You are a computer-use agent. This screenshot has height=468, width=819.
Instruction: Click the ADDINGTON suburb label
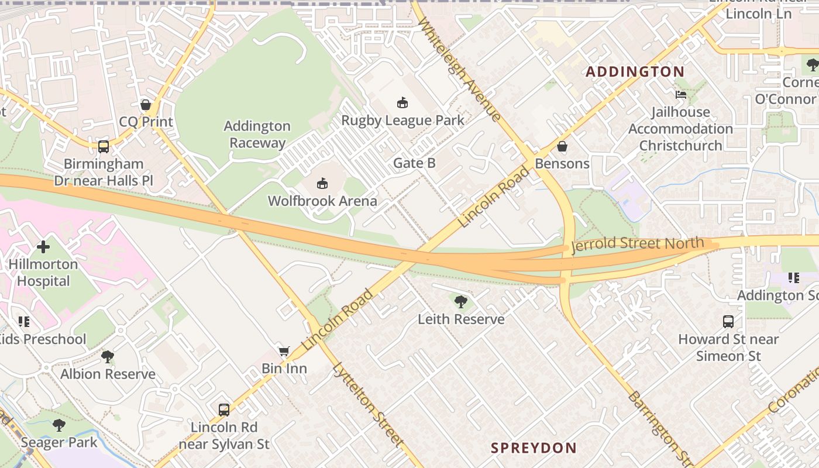pos(635,72)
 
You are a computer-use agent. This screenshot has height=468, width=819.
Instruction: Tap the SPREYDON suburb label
pos(534,448)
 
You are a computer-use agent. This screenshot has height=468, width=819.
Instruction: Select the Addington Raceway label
pos(257,135)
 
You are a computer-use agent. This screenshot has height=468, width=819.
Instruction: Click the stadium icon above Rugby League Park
pos(402,103)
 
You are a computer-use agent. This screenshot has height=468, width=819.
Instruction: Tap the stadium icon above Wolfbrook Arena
pos(322,184)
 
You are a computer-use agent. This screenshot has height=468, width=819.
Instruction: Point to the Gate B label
pos(414,163)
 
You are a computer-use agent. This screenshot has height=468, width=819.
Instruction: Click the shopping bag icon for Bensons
pos(562,146)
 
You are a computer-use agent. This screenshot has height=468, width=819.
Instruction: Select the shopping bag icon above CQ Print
pos(146,105)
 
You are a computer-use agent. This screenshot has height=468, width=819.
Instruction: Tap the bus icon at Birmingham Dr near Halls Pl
pos(104,146)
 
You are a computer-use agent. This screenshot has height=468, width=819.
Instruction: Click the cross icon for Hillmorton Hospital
pos(43,247)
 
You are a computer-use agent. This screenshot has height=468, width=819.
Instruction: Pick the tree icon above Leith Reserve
pos(461,302)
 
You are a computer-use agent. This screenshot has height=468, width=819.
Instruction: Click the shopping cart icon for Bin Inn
pos(284,351)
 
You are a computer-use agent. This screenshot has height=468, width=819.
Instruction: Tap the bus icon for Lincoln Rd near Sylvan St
pos(224,409)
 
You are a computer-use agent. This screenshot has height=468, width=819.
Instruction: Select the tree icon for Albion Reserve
pos(108,357)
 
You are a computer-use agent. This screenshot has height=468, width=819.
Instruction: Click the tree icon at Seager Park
pos(59,425)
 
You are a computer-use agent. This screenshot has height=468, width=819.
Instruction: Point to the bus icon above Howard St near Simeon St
pos(728,322)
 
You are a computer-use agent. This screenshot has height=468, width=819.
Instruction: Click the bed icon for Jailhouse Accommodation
pos(681,94)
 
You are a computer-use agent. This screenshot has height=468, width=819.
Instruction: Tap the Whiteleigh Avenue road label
pos(460,69)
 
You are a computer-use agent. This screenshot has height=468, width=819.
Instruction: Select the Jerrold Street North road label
pos(637,244)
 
